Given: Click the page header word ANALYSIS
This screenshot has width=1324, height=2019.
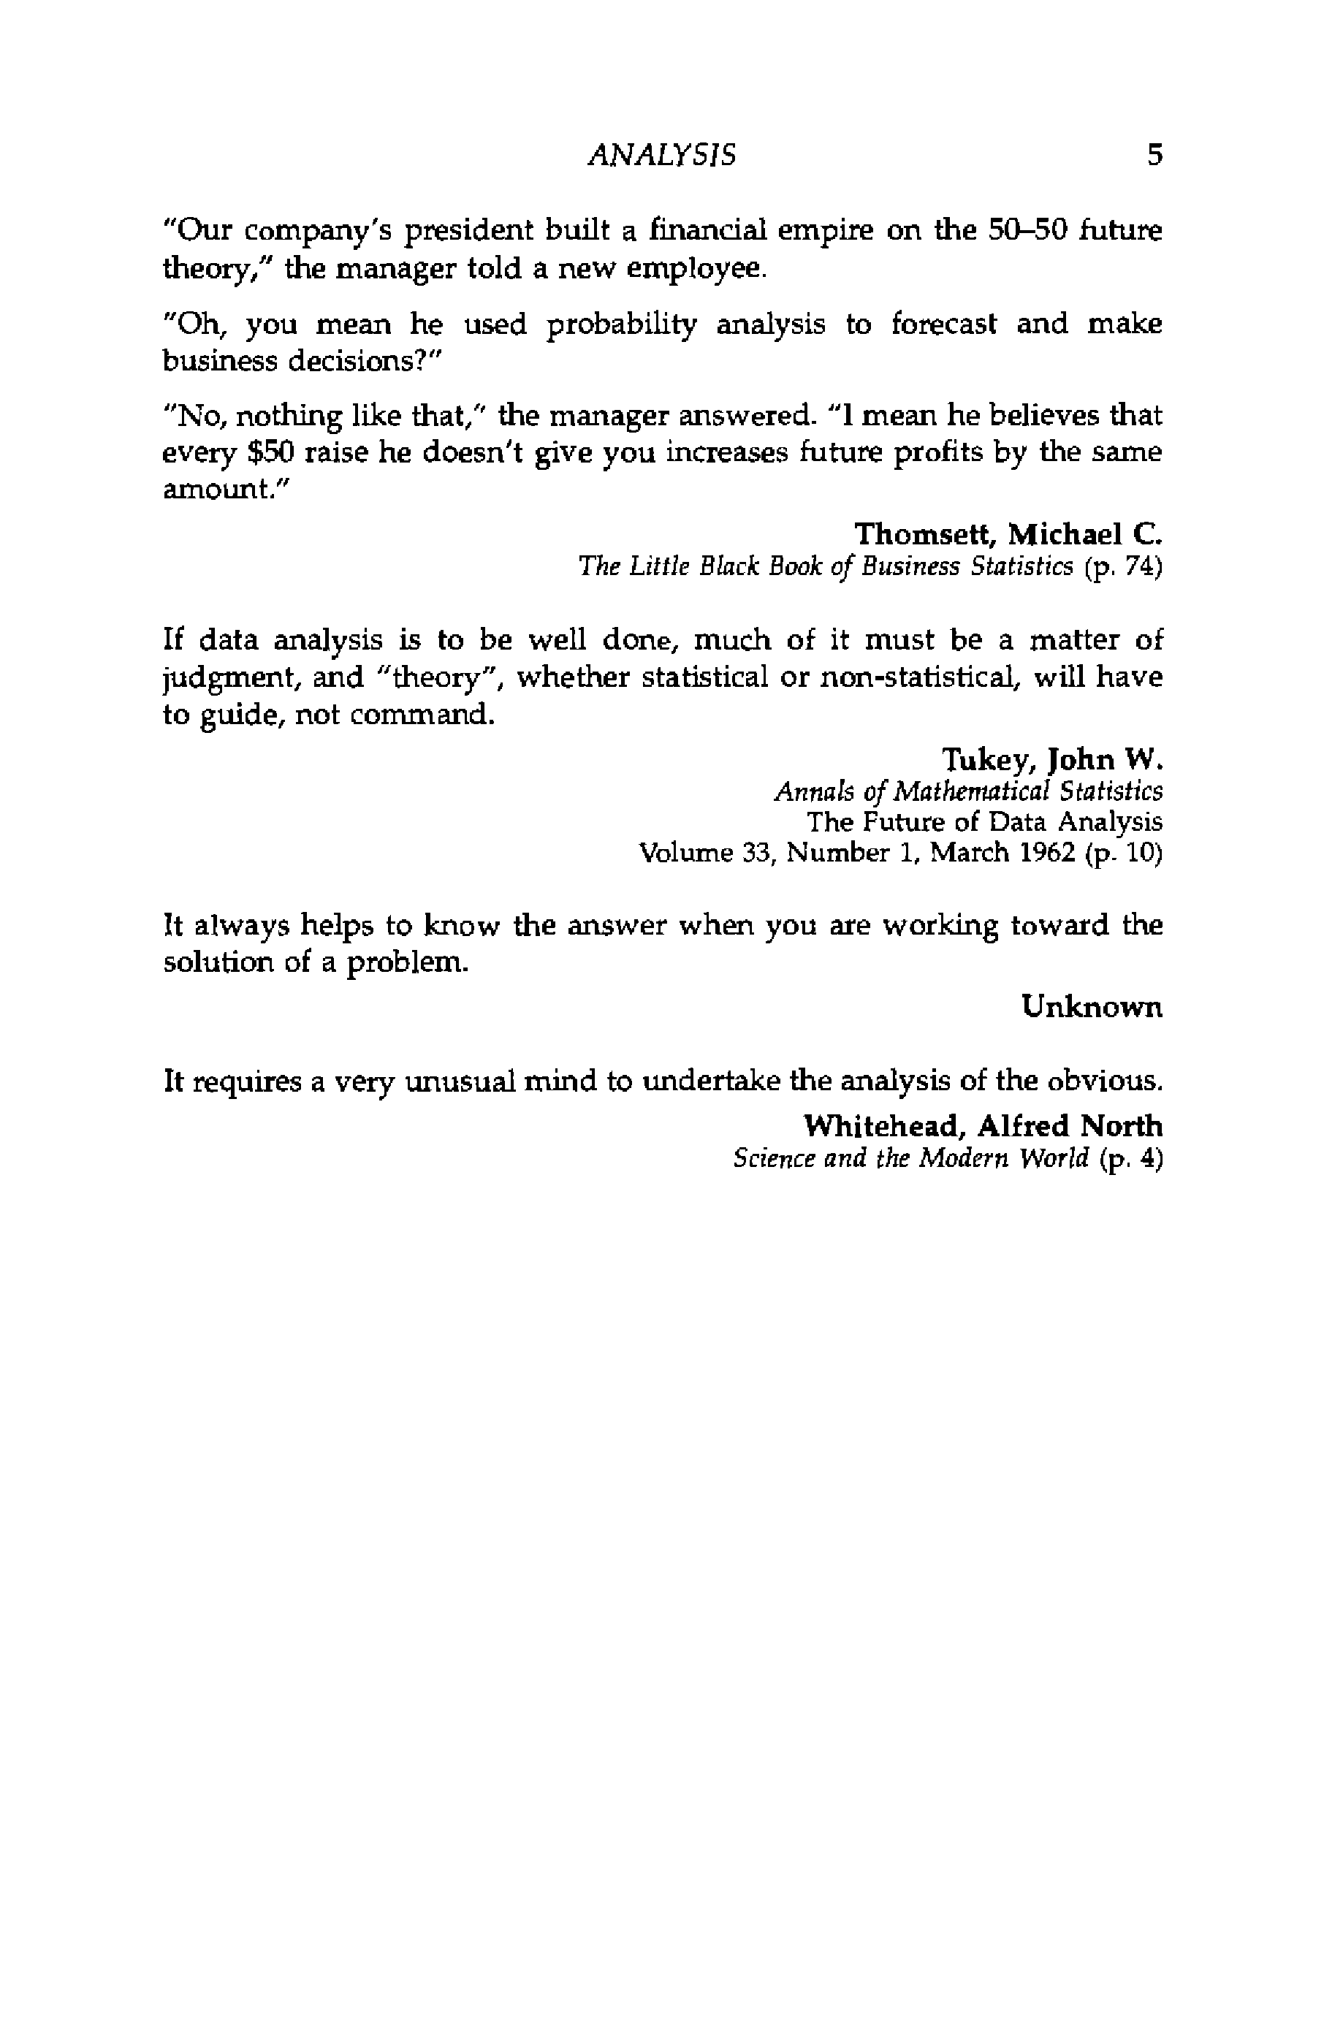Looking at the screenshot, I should pos(661,155).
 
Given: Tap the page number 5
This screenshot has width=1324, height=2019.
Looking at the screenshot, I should pos(1154,155).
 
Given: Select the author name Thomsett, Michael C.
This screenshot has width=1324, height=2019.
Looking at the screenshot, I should pos(1008,534).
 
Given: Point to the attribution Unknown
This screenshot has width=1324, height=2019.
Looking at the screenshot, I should pos(1092,1007).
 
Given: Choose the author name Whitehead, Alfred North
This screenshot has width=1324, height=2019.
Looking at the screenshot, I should pos(983,1126).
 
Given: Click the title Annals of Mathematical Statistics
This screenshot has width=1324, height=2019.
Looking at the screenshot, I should pos(967,791).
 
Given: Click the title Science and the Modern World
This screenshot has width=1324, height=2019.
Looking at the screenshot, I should pos(910,1159).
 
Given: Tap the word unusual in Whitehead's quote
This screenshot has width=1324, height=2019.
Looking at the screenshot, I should pos(459,1081).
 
